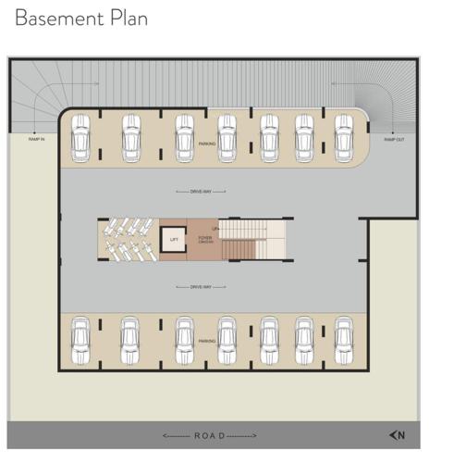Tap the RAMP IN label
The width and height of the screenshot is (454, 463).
point(35,139)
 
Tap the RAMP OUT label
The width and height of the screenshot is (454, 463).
point(394,139)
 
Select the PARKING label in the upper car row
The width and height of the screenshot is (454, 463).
point(207,144)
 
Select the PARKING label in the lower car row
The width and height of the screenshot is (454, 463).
point(207,341)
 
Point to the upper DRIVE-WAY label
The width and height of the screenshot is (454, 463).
point(201,192)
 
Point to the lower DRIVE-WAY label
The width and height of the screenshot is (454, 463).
point(201,287)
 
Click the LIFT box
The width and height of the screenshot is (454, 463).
point(174,239)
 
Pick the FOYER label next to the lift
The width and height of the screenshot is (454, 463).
point(204,238)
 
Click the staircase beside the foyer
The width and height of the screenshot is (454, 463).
point(255,239)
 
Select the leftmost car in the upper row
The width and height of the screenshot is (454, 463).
point(80,137)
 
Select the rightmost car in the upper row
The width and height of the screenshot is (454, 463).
point(343,135)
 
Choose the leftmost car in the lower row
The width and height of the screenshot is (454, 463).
point(80,340)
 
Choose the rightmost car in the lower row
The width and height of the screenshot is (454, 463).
point(343,340)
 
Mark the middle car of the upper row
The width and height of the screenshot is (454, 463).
point(227,136)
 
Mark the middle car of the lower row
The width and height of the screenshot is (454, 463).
point(227,340)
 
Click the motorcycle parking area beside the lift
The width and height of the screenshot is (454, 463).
point(128,239)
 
